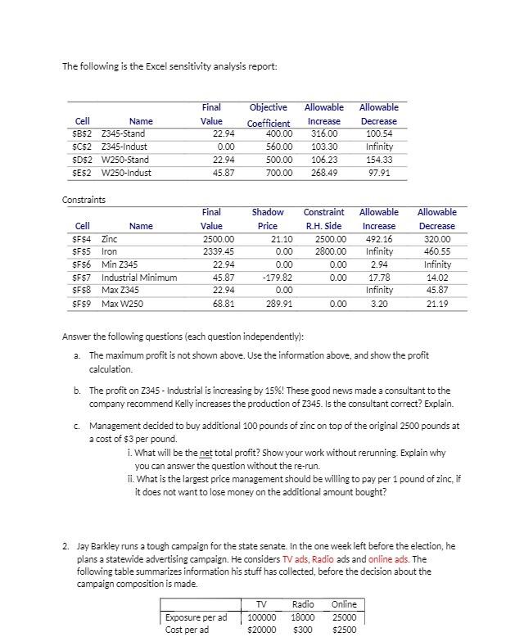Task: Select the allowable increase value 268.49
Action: click(x=323, y=173)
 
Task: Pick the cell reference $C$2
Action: click(x=82, y=147)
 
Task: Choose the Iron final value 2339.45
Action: click(x=217, y=251)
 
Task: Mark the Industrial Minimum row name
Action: click(x=139, y=278)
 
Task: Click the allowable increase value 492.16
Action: click(x=378, y=238)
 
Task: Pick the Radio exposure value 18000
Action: click(x=303, y=617)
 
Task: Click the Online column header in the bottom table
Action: click(x=345, y=604)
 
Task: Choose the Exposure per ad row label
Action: click(x=196, y=617)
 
